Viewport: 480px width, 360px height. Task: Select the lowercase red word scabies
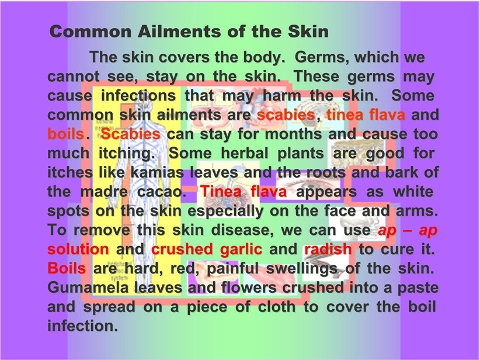click(286, 115)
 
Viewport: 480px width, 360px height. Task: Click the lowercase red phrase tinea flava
click(366, 115)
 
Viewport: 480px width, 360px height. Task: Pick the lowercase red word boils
click(65, 134)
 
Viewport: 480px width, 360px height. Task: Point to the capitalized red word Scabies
click(130, 134)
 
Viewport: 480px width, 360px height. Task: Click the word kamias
click(157, 172)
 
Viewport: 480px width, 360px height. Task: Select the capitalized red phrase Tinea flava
click(244, 192)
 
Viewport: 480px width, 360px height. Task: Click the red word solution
click(78, 250)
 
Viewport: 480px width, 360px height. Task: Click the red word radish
click(328, 250)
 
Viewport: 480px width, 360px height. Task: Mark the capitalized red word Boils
click(67, 268)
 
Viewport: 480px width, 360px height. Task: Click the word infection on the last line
click(82, 326)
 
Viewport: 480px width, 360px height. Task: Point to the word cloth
click(277, 307)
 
